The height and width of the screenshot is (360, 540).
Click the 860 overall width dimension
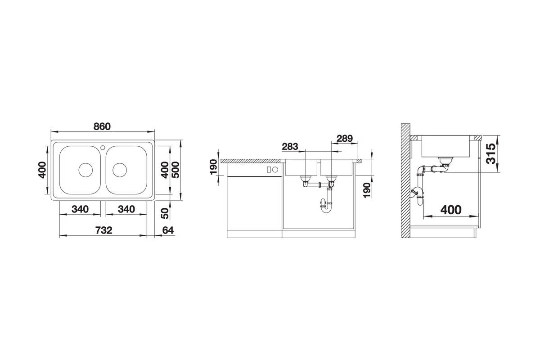(102, 126)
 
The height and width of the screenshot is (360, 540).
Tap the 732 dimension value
(103, 230)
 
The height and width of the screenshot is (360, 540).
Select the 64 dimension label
(168, 230)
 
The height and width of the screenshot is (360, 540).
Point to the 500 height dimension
(176, 170)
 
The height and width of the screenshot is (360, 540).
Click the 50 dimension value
(165, 213)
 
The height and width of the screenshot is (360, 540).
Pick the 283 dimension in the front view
(290, 146)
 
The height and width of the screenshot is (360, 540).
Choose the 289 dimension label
(345, 139)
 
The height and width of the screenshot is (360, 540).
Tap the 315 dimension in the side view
(491, 153)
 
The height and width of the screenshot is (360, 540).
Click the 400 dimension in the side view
(451, 210)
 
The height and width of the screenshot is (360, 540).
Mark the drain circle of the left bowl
(85, 170)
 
